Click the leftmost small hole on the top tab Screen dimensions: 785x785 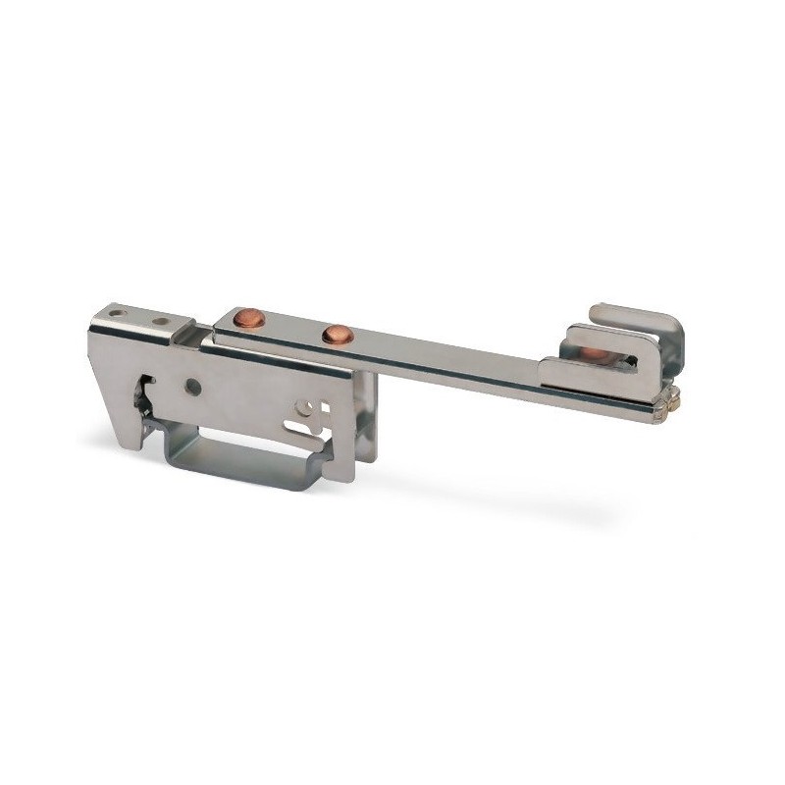coord(119,314)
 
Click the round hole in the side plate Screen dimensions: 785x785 coord(193,387)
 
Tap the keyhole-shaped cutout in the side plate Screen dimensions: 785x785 coord(312,413)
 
